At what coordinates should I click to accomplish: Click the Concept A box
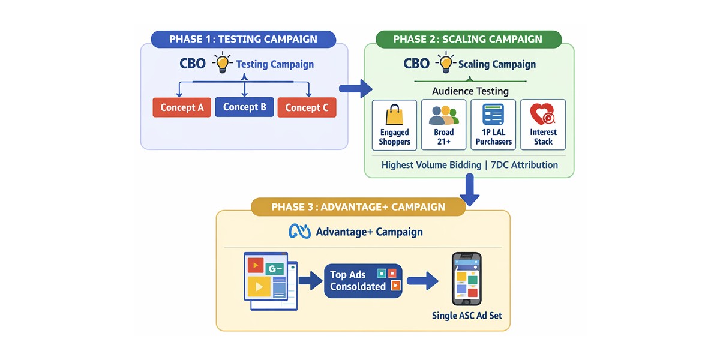pos(182,107)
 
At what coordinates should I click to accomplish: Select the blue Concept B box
pos(245,107)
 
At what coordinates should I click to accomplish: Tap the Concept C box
pos(307,107)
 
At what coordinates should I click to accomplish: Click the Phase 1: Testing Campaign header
pos(244,39)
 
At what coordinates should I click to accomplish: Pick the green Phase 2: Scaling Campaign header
pos(469,39)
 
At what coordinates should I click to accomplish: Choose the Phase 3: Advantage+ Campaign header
pos(358,206)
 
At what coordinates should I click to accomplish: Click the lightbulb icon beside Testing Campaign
pos(223,62)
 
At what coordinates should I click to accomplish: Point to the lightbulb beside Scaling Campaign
pos(446,62)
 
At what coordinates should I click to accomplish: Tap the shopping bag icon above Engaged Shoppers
pos(394,115)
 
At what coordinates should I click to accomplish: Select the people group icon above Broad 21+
pos(444,115)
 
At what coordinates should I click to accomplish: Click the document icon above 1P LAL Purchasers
pos(493,115)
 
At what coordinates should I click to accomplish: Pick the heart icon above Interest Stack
pos(543,114)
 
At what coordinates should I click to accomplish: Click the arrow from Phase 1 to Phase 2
pos(356,88)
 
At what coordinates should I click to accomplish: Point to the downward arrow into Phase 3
pos(470,190)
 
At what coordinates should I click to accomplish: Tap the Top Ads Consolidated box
pos(363,281)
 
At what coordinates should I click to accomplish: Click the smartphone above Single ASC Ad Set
pos(467,278)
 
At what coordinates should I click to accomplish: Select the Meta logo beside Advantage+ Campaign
pos(299,231)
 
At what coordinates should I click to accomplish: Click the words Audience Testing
pos(470,91)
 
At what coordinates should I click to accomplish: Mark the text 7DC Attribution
pos(524,165)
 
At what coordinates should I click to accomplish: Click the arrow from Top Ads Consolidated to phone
pos(422,281)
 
